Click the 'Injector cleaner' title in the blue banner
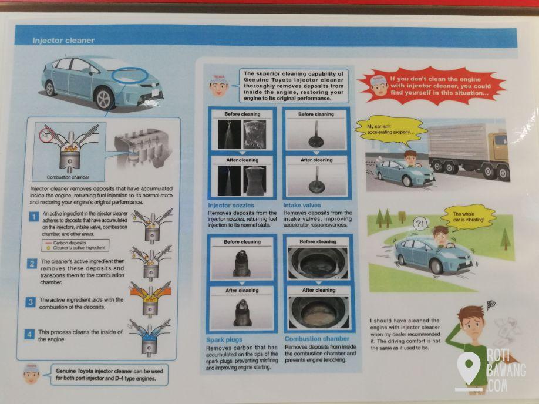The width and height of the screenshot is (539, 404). tap(63, 41)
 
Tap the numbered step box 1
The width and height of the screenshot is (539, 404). tap(33, 217)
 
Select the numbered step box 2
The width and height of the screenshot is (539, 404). tap(32, 264)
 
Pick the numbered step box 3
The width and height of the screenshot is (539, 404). tap(31, 302)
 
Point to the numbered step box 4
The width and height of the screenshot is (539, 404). tap(29, 334)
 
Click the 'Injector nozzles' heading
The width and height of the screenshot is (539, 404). tap(231, 206)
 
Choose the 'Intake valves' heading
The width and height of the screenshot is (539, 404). tap(302, 206)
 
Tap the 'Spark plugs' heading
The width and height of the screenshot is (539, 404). tap(224, 340)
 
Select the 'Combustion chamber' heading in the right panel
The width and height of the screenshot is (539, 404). tap(317, 339)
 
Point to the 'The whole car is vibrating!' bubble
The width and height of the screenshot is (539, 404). tap(469, 217)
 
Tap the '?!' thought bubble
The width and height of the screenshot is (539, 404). tap(420, 224)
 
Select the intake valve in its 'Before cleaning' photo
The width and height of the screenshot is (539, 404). tap(315, 135)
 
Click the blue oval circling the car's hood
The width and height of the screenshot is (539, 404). tap(130, 75)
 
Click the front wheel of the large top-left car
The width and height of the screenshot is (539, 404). tap(104, 99)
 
